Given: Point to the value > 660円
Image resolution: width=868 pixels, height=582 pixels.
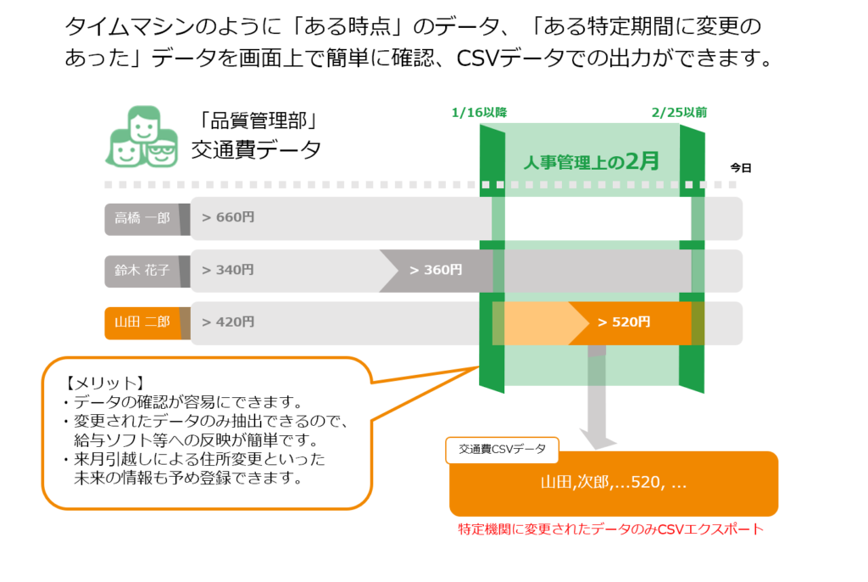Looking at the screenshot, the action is click(228, 217).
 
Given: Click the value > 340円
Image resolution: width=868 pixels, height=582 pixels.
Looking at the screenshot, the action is click(228, 270).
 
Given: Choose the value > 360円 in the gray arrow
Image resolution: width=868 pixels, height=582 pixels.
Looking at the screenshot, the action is click(437, 270).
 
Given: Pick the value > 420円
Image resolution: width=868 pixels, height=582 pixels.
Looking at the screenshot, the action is click(228, 322).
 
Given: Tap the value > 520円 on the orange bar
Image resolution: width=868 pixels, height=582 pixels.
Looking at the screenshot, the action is click(625, 322).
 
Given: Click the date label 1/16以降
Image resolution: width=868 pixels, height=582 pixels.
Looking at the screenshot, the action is click(480, 113).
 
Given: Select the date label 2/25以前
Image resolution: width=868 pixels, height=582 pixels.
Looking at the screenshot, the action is click(679, 113).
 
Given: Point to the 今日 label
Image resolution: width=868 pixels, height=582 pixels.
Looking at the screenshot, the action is click(741, 167).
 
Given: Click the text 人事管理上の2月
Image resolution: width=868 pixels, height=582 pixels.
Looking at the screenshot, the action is click(591, 161).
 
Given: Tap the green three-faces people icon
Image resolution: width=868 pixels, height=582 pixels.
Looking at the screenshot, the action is click(142, 137).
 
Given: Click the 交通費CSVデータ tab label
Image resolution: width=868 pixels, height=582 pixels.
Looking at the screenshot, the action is click(502, 449).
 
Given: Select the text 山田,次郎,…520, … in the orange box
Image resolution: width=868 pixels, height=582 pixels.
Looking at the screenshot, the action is click(614, 482).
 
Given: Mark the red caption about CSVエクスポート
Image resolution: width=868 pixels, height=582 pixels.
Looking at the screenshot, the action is click(610, 529).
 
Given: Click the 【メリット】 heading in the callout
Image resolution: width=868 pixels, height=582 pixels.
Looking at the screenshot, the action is click(104, 383).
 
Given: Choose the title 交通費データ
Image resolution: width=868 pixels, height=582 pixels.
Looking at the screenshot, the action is click(256, 149).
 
